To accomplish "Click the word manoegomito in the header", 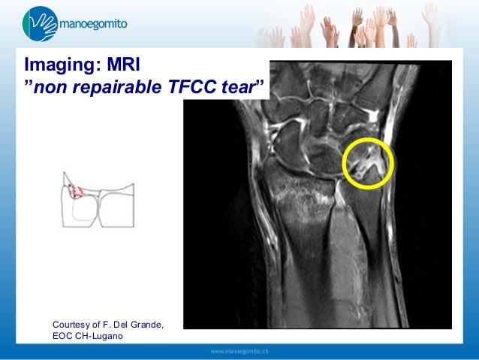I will pos(94,24).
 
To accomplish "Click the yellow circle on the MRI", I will pos(369,164).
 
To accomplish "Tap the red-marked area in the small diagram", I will pos(77,189).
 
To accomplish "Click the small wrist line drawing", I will pos(98,201).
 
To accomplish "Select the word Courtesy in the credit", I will pos(73,324).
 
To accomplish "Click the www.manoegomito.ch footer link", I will pos(239,351).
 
